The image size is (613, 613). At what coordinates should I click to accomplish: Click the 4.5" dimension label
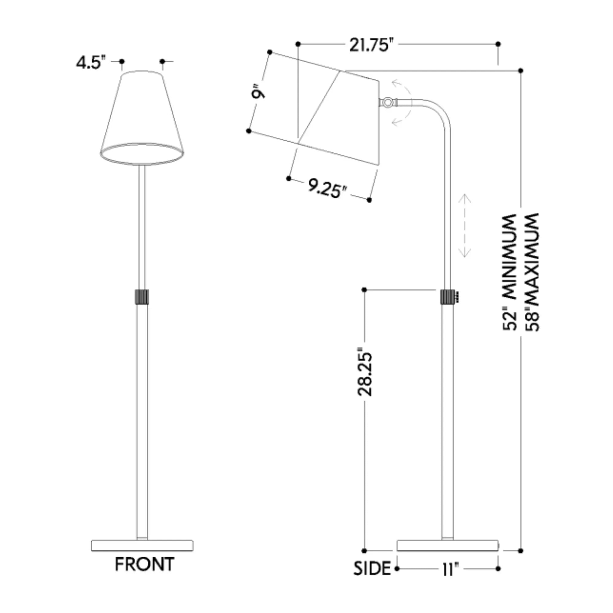[90, 63]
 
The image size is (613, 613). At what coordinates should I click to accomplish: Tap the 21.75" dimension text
[369, 45]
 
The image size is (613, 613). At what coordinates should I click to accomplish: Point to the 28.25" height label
[364, 373]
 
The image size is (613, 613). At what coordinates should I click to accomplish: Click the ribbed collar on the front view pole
[142, 297]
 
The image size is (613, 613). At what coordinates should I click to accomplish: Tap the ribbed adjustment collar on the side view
[447, 297]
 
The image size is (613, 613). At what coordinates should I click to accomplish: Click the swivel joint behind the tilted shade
[387, 102]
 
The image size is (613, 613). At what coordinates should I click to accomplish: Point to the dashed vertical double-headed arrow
[465, 226]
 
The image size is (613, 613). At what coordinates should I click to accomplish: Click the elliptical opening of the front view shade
[142, 154]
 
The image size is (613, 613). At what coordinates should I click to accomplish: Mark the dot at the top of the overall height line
[521, 70]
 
